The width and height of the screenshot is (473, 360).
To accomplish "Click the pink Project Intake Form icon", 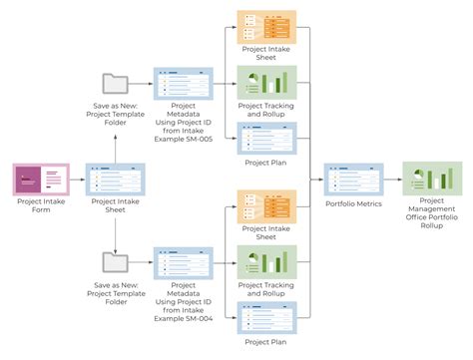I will (x=41, y=180).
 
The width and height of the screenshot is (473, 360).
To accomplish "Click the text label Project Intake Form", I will (x=41, y=205).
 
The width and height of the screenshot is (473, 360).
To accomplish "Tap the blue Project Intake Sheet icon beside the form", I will (x=115, y=180).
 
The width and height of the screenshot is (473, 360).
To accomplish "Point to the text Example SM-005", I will (x=183, y=135).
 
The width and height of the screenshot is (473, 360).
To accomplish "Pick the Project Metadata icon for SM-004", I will (x=183, y=264).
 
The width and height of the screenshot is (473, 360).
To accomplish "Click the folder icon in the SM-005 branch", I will (x=115, y=85).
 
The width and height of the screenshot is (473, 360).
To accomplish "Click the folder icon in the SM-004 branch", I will (x=115, y=264).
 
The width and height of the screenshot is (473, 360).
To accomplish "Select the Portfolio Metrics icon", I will (x=353, y=180).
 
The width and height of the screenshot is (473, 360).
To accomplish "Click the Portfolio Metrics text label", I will (x=353, y=205).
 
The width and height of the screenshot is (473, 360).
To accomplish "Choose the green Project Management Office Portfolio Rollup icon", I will (x=430, y=180).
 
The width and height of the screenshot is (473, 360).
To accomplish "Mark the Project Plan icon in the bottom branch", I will (x=265, y=317).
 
